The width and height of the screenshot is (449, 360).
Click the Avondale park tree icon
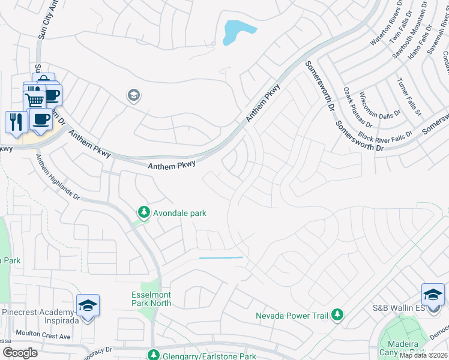143,212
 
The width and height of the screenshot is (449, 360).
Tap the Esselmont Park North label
151,298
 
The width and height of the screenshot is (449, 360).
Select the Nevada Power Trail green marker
337,314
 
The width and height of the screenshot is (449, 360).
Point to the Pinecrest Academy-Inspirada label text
38,312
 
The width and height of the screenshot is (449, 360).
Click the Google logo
20,353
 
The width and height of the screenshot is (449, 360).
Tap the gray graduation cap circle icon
133,95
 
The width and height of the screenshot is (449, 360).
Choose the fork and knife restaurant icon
14,121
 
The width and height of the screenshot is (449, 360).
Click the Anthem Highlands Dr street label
56,177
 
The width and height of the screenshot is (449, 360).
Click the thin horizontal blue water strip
221,257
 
